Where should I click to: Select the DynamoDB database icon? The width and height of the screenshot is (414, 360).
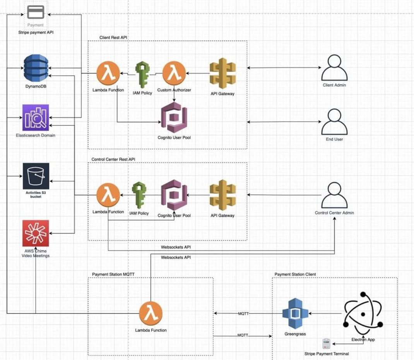click(x=36, y=68)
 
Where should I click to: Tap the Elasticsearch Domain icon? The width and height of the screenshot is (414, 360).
click(x=36, y=117)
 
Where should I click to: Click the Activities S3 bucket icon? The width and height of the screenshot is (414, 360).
click(x=36, y=176)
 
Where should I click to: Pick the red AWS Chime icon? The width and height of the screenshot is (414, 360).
click(x=36, y=233)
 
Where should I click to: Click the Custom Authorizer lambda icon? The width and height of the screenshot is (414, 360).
click(x=174, y=73)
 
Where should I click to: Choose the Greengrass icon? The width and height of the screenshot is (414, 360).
click(x=295, y=314)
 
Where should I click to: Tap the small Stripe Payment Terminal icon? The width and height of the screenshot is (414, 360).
click(x=326, y=343)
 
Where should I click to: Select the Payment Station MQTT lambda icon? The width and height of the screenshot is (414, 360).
click(x=151, y=313)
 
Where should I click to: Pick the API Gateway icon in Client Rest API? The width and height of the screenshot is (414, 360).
click(x=222, y=73)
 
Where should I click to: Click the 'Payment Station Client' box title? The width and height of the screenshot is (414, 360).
click(x=295, y=274)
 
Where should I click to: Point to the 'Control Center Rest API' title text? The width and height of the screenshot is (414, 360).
click(x=113, y=159)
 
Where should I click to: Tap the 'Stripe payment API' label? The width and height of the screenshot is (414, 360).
click(x=36, y=33)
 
